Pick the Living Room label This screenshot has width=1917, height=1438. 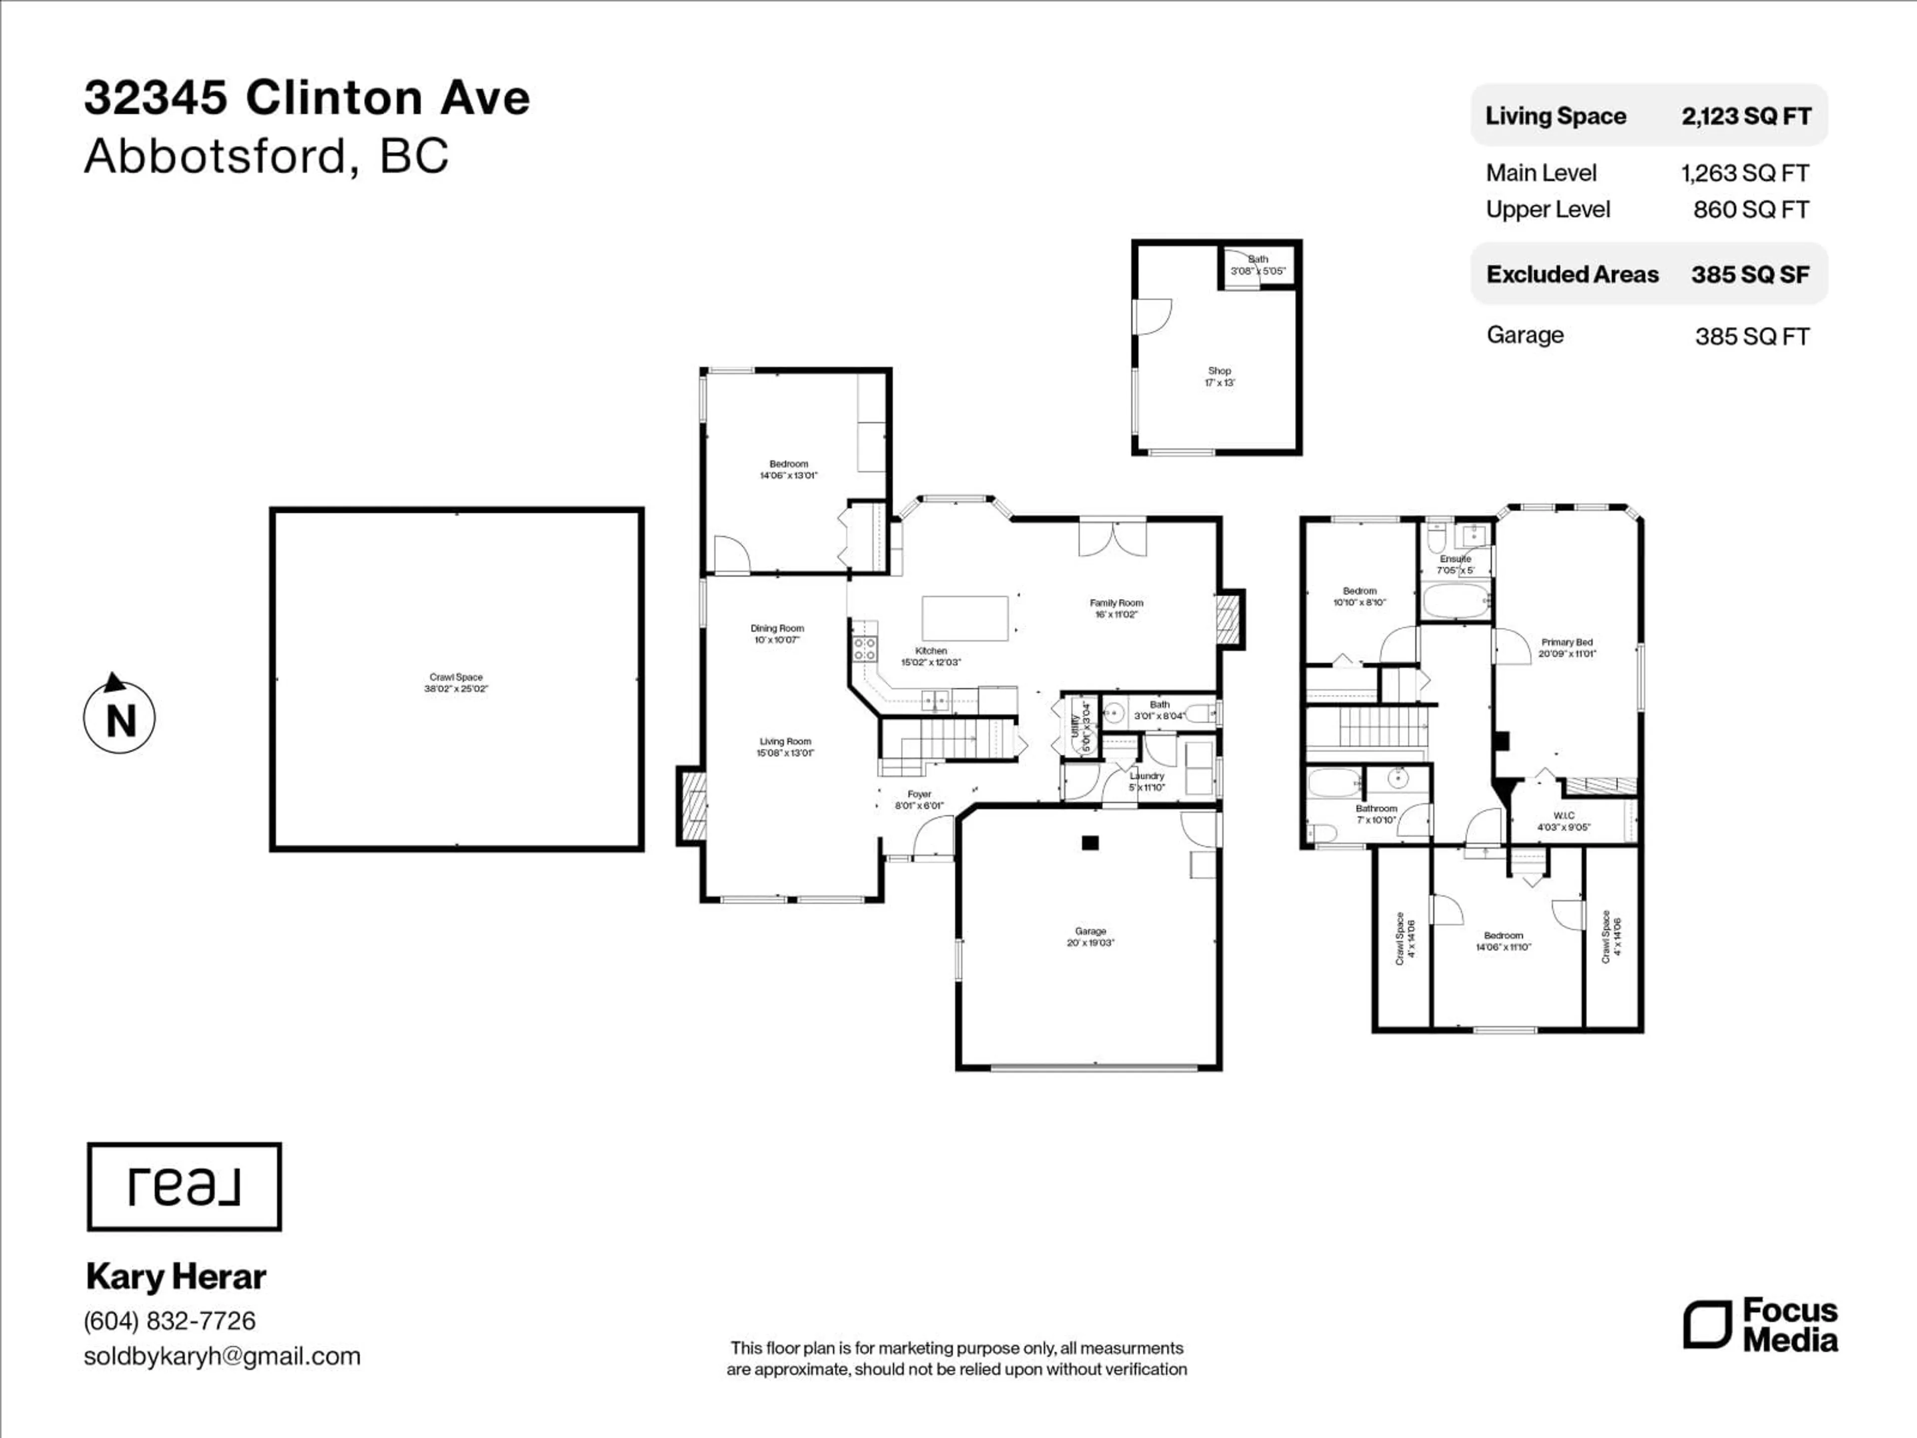point(785,747)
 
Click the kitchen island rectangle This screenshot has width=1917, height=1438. point(964,618)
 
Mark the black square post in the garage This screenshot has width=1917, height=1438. point(1090,842)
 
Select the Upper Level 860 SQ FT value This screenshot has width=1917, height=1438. point(1751,210)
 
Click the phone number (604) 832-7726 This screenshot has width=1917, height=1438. point(170,1321)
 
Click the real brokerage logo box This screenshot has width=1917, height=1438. point(184,1187)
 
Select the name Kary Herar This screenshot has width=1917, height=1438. point(176,1277)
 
